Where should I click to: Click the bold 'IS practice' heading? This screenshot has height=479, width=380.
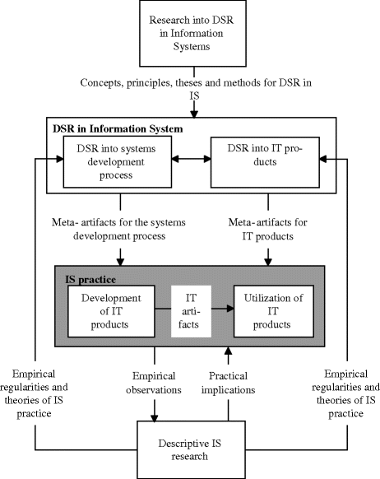click(x=86, y=280)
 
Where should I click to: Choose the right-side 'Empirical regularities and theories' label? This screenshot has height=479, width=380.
click(x=349, y=386)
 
